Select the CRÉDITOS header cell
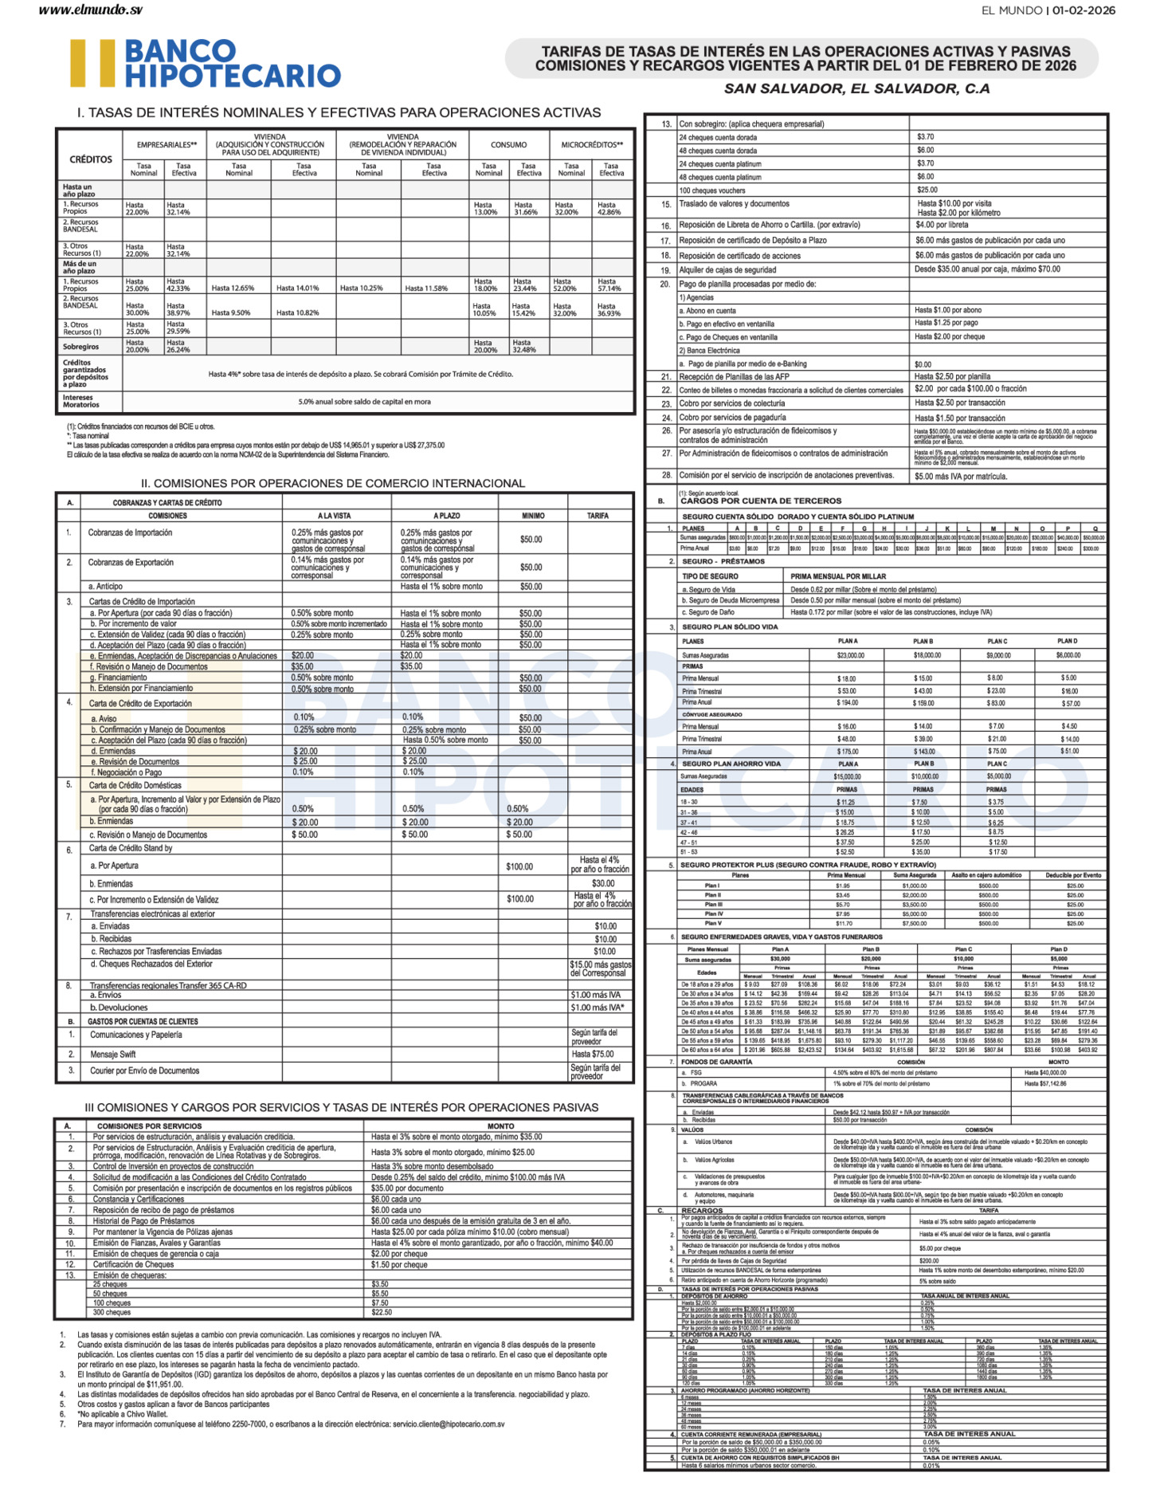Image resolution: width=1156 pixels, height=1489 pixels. (91, 159)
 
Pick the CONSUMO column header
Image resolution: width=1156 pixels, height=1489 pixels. (508, 145)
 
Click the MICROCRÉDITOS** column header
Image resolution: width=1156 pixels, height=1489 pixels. (591, 145)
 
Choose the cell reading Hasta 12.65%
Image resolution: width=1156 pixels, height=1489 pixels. (233, 289)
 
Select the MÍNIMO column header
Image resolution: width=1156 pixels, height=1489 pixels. (533, 516)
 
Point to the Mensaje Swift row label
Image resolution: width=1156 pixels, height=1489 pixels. (113, 1054)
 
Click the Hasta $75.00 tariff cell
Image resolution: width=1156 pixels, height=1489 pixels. (592, 1054)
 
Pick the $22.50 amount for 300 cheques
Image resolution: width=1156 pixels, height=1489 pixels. (382, 1312)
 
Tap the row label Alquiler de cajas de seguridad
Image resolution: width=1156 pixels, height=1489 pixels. (727, 270)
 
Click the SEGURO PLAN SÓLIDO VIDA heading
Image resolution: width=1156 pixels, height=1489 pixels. (730, 627)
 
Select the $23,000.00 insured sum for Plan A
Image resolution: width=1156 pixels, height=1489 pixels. (850, 655)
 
